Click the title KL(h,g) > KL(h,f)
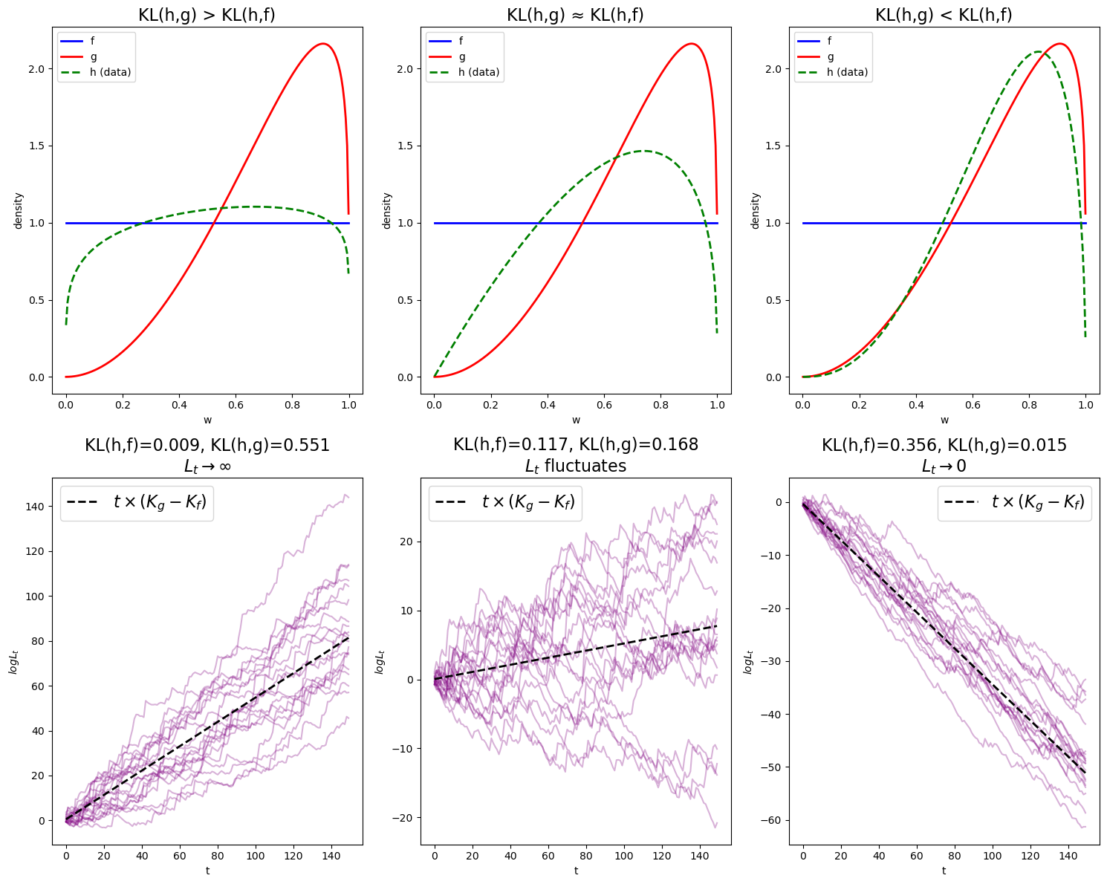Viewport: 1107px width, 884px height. point(207,14)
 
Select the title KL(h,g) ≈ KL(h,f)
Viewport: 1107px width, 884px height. point(575,14)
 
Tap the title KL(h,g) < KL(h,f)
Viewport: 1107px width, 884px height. point(944,14)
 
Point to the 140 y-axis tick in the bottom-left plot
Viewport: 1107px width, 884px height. point(34,507)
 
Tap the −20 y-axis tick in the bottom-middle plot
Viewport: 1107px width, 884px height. point(402,818)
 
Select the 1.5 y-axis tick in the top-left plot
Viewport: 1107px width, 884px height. point(36,146)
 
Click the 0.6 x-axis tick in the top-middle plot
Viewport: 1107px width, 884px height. point(604,405)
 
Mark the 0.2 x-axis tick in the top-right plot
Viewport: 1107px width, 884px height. point(859,405)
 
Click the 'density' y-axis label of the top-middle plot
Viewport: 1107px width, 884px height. point(387,210)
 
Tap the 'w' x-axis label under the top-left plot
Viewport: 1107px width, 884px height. point(207,420)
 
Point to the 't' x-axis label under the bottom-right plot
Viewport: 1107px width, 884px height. point(944,871)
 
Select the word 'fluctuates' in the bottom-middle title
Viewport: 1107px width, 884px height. point(585,466)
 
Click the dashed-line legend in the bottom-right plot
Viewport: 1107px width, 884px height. point(1014,503)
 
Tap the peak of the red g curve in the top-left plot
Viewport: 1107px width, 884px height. point(323,44)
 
